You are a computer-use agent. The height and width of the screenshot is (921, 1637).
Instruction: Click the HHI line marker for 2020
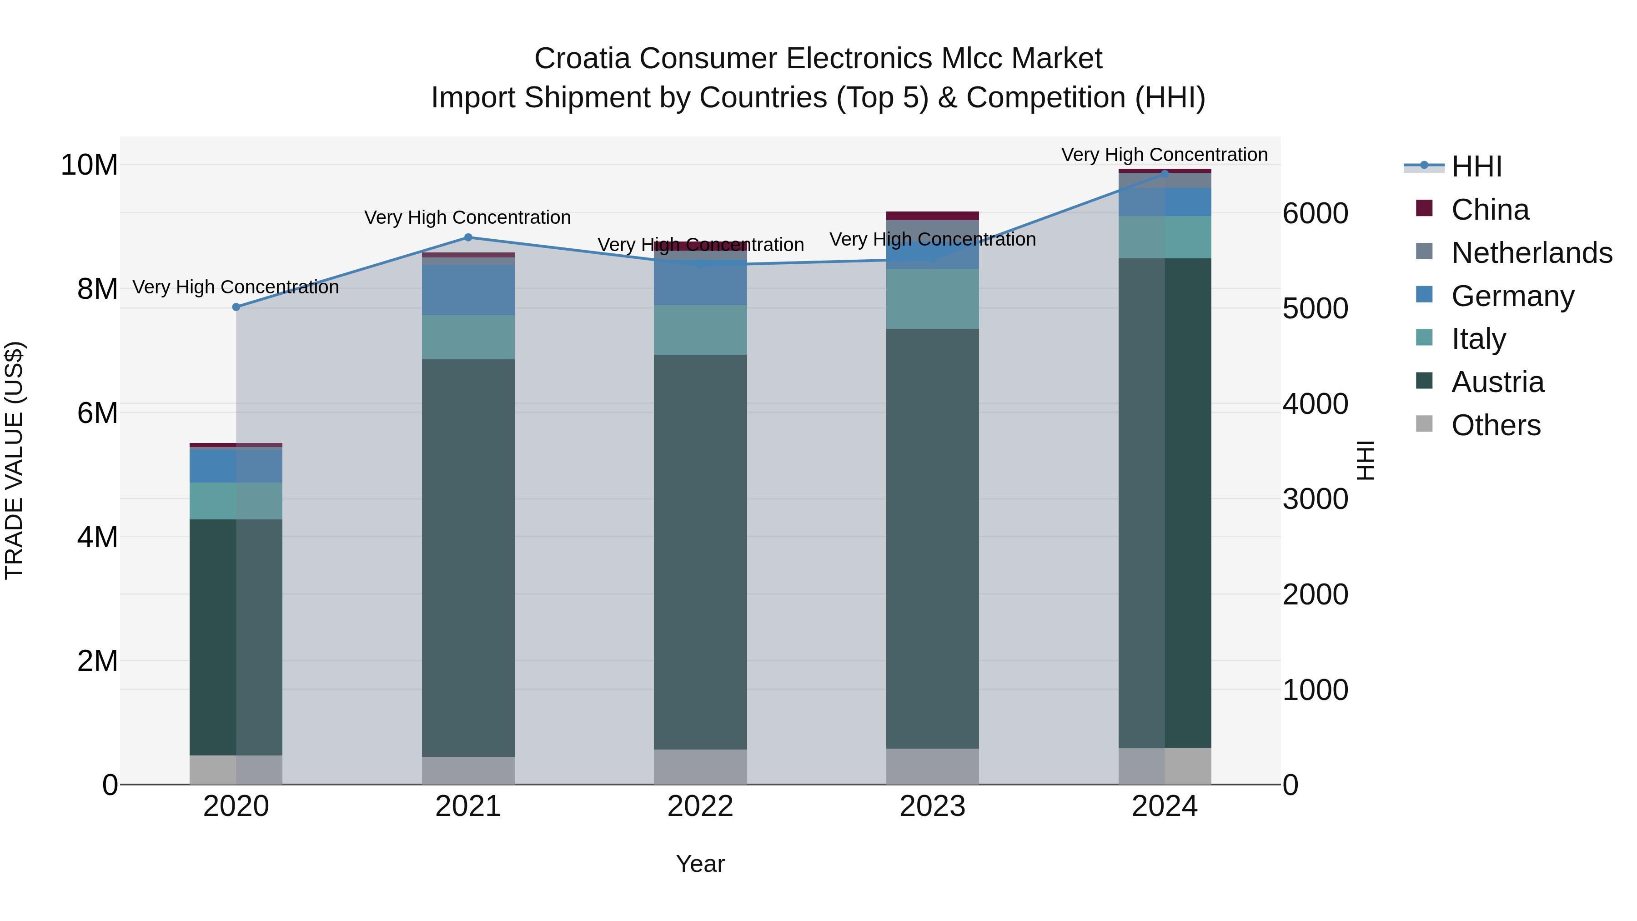(236, 307)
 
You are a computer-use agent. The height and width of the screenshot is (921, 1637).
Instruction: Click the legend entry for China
(1490, 210)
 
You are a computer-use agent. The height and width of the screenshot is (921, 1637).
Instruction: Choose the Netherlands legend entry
(1532, 253)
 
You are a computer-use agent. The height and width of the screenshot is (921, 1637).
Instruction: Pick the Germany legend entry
(1512, 296)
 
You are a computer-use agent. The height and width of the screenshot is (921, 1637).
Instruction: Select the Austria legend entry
(1497, 382)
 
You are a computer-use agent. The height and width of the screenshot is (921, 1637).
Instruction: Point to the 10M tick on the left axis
(89, 165)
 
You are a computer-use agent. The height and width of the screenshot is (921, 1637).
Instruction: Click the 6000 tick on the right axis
(1315, 214)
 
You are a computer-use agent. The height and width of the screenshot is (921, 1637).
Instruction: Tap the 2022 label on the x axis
(700, 806)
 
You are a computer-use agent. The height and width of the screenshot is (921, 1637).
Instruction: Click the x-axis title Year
(700, 864)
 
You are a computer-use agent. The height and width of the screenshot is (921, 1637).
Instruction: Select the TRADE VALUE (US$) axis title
(14, 460)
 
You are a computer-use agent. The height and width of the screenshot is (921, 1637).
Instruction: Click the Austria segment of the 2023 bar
(932, 539)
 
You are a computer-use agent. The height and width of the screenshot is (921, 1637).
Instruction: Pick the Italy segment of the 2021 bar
(468, 337)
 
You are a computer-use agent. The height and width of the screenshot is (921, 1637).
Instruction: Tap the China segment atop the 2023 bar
(932, 216)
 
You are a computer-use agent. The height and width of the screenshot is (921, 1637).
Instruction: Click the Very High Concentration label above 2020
(236, 287)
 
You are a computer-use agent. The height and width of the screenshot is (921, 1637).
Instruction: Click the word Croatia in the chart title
(583, 59)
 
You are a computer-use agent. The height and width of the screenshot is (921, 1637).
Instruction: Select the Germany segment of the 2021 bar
(468, 290)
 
